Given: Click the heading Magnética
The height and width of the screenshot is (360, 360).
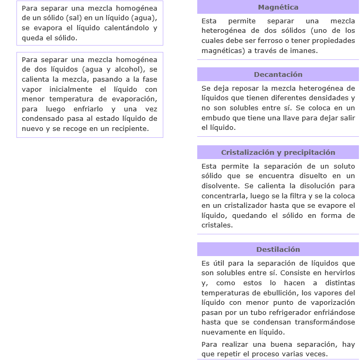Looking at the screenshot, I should pos(278,7).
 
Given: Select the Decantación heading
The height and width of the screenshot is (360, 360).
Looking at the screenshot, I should pos(278,75).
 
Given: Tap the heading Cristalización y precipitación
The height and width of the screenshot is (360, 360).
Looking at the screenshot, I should pos(278,153).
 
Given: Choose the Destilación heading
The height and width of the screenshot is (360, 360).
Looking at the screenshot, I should pos(278,250).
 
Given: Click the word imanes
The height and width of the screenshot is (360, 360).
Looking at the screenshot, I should pos(303,51).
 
